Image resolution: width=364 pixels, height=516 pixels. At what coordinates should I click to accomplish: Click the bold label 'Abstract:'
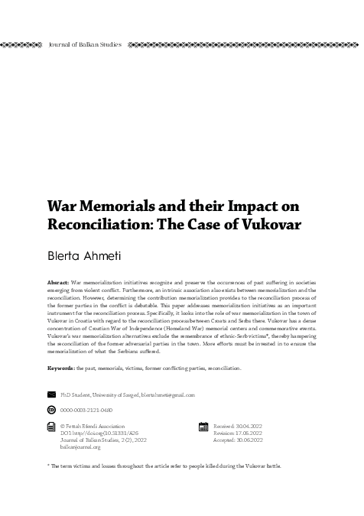point(58,283)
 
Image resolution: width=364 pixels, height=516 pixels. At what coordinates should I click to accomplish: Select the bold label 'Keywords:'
point(60,368)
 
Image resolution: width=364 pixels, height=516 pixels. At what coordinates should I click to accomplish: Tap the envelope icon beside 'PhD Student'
point(52,394)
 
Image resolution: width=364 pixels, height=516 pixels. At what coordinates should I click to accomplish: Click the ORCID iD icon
point(52,411)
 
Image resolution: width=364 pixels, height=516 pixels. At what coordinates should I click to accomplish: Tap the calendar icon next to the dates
point(203,428)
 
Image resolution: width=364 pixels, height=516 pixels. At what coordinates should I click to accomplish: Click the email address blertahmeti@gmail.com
point(166,394)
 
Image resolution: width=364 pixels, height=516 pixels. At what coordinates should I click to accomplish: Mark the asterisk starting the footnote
point(48,464)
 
